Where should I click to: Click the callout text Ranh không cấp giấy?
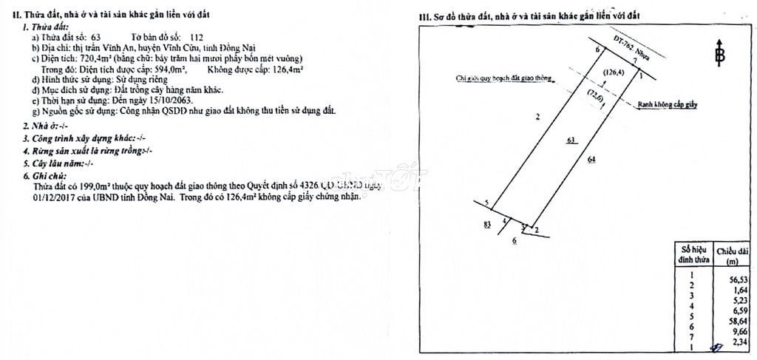(x=668, y=105)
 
